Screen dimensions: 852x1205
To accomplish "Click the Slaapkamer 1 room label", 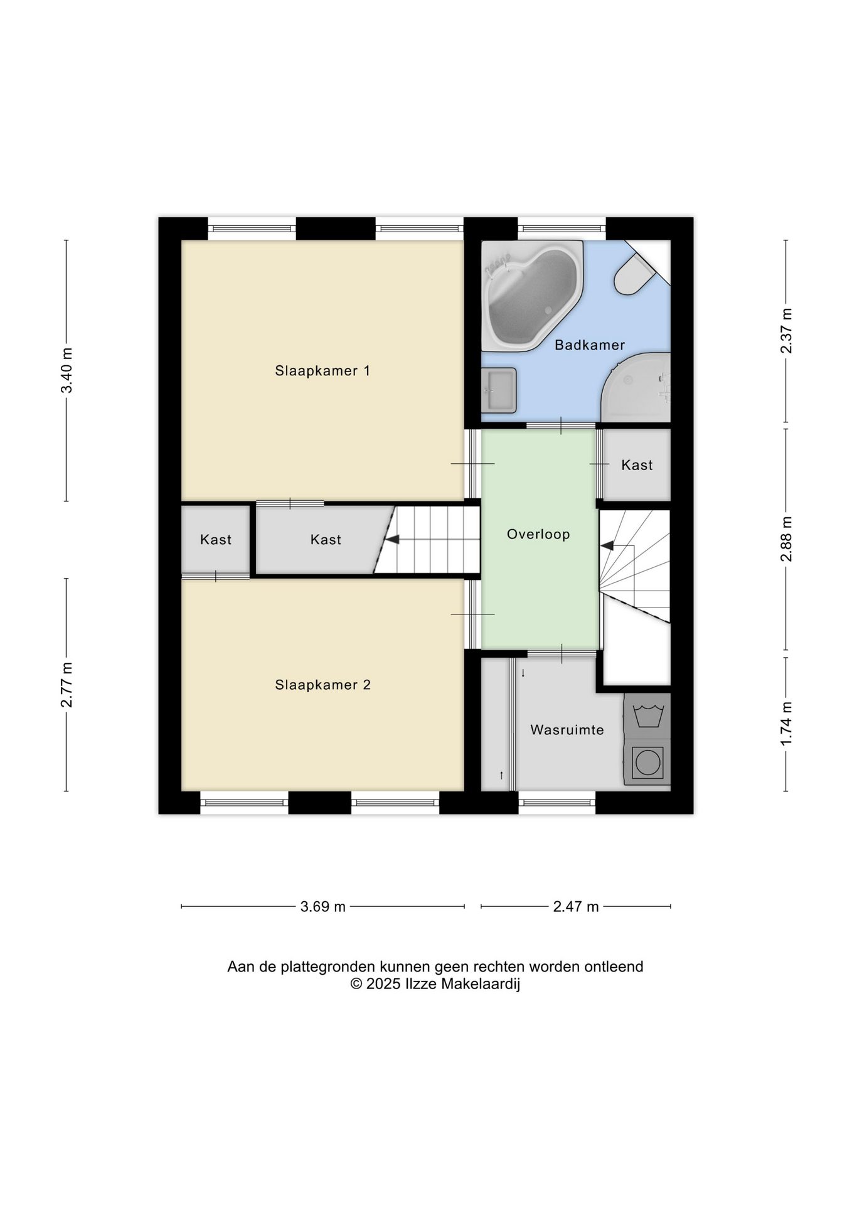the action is point(322,371).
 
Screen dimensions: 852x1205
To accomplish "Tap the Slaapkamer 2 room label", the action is point(322,685).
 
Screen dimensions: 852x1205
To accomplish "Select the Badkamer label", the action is point(590,345).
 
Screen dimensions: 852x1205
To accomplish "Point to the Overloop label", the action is point(538,535).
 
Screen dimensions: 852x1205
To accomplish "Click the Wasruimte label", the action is point(567,730).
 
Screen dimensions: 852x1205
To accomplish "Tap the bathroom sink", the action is point(499,390).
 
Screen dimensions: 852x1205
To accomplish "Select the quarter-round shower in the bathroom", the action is point(636,387).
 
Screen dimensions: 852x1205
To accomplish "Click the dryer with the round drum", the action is point(647,762).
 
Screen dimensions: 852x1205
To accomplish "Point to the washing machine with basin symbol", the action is point(647,715).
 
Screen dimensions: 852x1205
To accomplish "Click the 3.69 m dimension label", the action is point(322,906).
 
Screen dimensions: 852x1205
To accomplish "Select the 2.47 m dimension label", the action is point(576,906).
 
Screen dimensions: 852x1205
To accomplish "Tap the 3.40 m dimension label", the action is point(67,370).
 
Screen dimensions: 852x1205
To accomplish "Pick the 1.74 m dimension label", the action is point(786,724).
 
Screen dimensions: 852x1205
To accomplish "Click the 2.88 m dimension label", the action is point(786,539).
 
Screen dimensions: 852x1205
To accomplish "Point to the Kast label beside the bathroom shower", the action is point(637,465).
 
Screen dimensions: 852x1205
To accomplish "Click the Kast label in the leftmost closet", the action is point(216,540).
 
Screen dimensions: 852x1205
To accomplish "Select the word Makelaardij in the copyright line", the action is point(481,984).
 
